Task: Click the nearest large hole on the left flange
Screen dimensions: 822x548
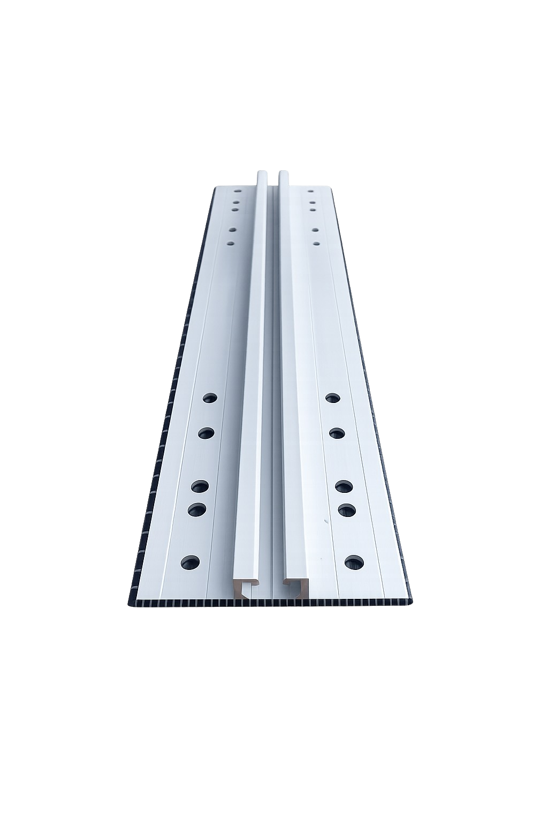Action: click(x=190, y=562)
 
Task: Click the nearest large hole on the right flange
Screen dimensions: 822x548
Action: click(x=354, y=561)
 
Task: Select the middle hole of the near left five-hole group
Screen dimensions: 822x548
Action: click(x=200, y=486)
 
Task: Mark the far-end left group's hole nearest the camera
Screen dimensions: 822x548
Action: click(x=231, y=243)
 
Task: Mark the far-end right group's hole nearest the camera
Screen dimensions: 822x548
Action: click(x=316, y=243)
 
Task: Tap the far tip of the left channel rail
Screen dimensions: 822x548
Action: click(x=262, y=174)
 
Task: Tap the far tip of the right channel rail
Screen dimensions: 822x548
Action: click(x=284, y=174)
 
